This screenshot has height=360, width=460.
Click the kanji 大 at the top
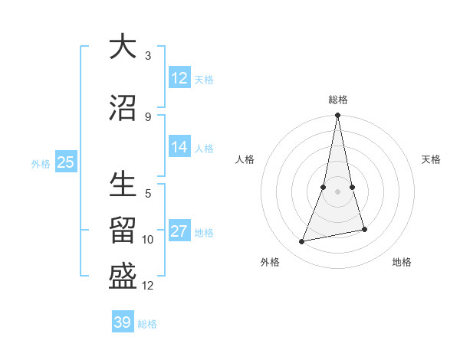coord(123,47)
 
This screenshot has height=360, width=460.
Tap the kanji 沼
coord(123,108)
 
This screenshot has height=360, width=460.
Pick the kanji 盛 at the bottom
coord(123,277)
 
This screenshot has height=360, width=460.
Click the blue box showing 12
coord(179,78)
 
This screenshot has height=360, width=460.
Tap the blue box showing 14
coord(179,147)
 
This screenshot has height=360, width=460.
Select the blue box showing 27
coord(179,232)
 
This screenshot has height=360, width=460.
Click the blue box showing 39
coord(123,322)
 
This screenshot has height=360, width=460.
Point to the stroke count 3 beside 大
coord(148,56)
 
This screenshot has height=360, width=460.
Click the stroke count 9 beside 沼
coord(148,116)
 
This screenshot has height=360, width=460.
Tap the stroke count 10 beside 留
coord(149,240)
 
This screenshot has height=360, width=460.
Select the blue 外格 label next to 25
coord(41,163)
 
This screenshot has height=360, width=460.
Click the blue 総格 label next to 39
coord(147,324)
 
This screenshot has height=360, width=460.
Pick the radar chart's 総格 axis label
coord(338,100)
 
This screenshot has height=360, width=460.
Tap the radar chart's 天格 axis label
coord(432,159)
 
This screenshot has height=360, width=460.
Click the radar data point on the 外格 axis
coord(302,242)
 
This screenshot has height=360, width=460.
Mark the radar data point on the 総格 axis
coord(337,116)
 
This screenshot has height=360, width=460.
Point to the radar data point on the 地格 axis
coord(364,230)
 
